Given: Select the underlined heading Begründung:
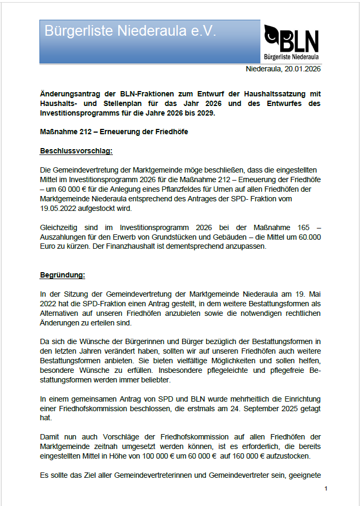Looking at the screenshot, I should pos(62,275).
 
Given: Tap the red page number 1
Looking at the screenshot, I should pos(325,489).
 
